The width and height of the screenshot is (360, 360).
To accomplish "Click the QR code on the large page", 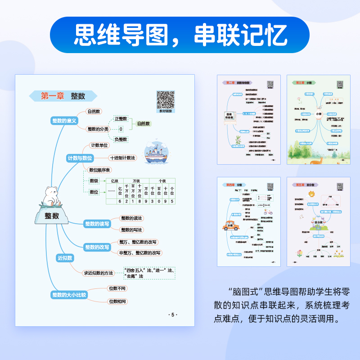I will click(x=165, y=99).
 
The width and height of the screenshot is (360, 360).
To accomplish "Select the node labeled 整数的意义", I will click(x=65, y=121).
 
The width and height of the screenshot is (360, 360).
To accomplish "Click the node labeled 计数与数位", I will click(x=80, y=158).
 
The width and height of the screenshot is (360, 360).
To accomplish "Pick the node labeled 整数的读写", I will click(x=97, y=224).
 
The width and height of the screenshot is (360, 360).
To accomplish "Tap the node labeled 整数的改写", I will click(x=97, y=247).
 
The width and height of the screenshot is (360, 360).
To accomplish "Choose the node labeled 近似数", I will click(x=65, y=258).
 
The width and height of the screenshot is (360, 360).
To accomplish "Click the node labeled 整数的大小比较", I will click(x=68, y=295).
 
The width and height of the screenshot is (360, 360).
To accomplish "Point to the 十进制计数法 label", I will click(x=122, y=158).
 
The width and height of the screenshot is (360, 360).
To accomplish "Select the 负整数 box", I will click(x=121, y=139).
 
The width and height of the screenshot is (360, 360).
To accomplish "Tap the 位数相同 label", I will click(x=118, y=301).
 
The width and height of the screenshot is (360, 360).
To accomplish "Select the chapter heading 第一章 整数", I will click(x=63, y=96).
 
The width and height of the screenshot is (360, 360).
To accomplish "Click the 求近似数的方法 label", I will click(x=99, y=273).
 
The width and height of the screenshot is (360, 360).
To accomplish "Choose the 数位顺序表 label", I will click(x=99, y=170).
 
